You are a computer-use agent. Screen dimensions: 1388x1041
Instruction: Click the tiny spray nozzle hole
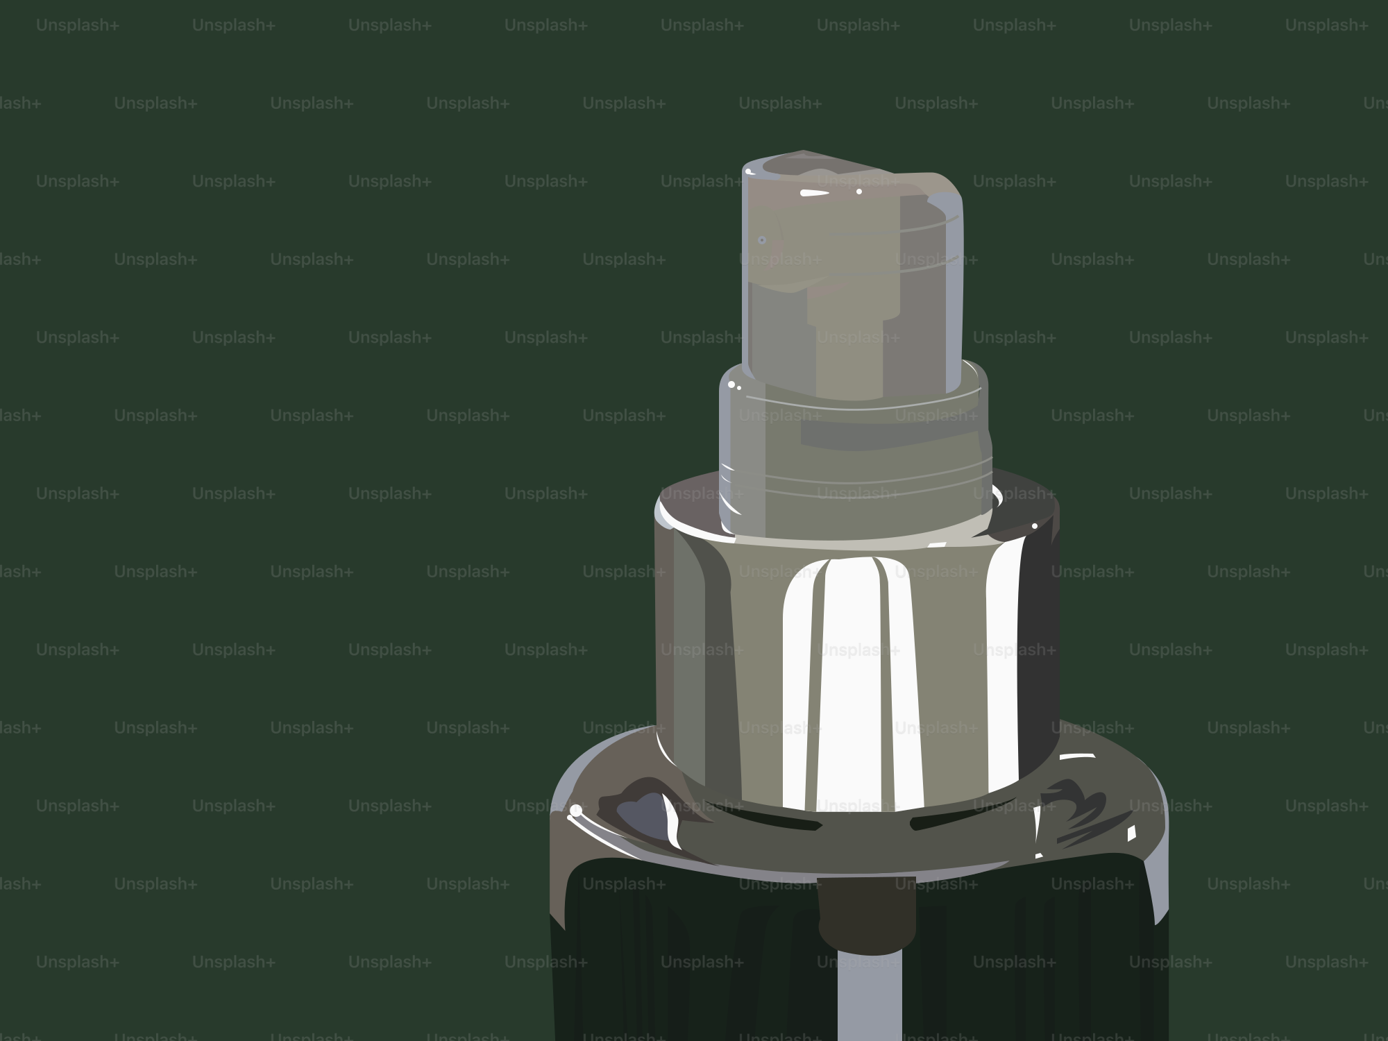point(761,240)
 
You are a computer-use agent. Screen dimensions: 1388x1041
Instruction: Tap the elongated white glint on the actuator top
point(811,193)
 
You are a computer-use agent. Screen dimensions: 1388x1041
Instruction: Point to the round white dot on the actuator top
point(858,191)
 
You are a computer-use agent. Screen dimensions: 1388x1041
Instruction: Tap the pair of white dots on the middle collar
point(734,386)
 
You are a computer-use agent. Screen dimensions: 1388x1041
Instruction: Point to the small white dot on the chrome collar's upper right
point(1034,526)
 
